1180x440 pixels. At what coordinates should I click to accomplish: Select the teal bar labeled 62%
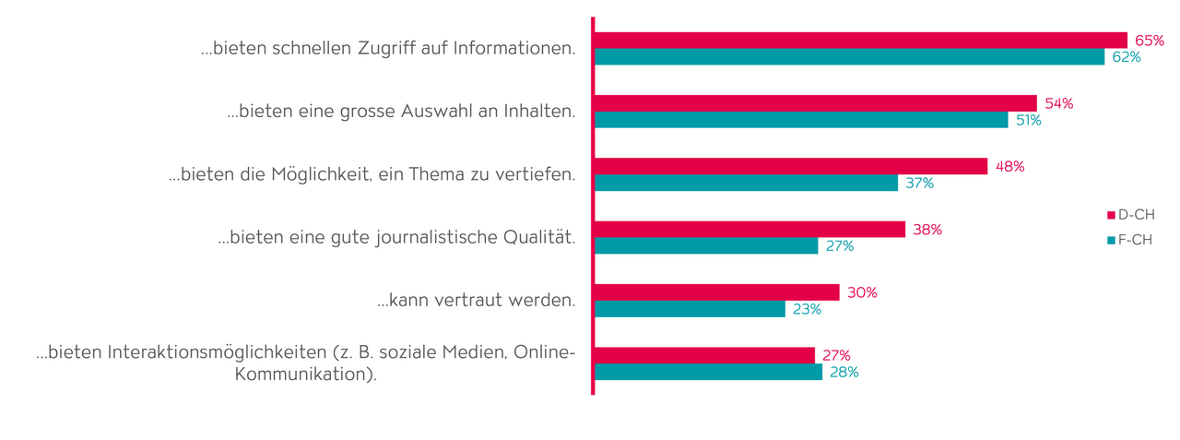coord(849,57)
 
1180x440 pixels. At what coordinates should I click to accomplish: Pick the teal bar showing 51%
coord(801,120)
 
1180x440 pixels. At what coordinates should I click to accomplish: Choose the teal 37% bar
coord(746,183)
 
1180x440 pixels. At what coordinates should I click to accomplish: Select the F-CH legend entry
coord(1130,241)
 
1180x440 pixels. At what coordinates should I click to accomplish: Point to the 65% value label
coord(1150,41)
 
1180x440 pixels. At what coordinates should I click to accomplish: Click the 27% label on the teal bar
coord(839,246)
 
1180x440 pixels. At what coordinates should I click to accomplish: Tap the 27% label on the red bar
coord(836,355)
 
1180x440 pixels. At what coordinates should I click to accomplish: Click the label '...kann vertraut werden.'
coord(476,300)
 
